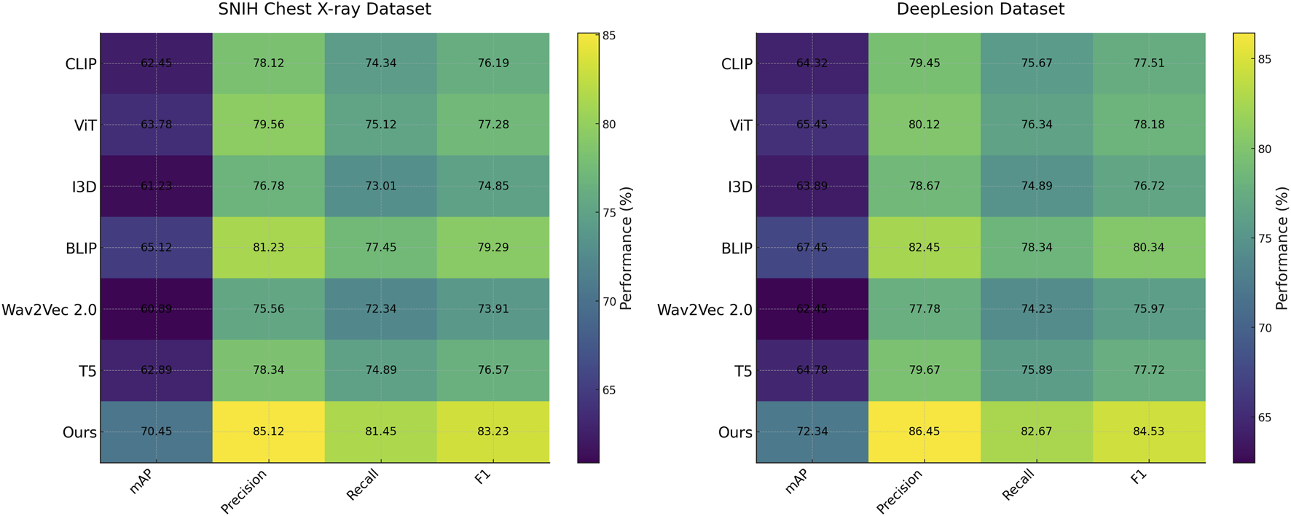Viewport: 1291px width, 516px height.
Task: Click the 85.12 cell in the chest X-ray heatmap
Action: [x=268, y=431]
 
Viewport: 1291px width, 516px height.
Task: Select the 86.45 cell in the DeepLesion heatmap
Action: [x=924, y=431]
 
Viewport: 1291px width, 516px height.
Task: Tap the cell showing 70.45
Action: [x=156, y=431]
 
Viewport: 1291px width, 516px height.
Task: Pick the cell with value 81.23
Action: [x=268, y=248]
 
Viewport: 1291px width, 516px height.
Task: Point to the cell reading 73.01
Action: [x=380, y=186]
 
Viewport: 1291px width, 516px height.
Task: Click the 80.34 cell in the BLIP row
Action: [x=1149, y=248]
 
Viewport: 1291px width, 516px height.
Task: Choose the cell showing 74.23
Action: [x=1036, y=309]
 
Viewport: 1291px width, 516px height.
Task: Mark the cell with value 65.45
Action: [x=812, y=125]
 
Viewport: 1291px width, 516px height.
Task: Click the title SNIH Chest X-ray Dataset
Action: [x=324, y=9]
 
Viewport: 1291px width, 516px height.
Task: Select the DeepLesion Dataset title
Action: [x=980, y=9]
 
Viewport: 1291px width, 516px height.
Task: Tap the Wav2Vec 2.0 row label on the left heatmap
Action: [x=49, y=310]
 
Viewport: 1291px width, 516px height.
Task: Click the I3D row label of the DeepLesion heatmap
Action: [x=739, y=187]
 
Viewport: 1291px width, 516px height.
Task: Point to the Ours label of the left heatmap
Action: [x=79, y=432]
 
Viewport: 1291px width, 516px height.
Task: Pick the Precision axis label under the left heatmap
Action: [x=244, y=492]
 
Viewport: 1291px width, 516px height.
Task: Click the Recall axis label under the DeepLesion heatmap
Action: [x=1018, y=485]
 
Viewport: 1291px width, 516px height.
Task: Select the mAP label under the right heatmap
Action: [x=796, y=482]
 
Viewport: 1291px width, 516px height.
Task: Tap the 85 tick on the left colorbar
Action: [x=608, y=36]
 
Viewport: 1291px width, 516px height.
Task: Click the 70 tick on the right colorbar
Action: [x=1264, y=328]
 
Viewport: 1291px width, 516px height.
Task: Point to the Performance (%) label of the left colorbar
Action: [x=626, y=248]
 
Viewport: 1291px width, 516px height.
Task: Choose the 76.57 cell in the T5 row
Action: [x=493, y=370]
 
